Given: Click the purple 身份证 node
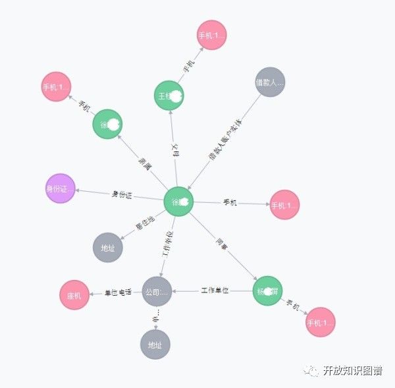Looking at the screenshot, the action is point(61,189).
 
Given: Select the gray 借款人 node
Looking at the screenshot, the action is point(270,82).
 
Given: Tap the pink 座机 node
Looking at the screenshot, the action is point(74,295).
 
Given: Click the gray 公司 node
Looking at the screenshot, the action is point(157,291).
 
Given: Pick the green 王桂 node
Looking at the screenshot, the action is point(169,96).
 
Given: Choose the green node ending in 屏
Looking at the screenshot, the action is point(267,291).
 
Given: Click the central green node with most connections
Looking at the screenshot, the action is point(178,202).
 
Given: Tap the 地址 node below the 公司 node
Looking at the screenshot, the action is point(155,345).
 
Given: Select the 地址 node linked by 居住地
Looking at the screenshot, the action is point(107,248).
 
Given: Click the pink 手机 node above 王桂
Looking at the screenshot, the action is point(212,35).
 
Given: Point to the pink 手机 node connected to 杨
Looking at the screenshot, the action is point(321,322).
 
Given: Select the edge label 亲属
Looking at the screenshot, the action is point(145,165).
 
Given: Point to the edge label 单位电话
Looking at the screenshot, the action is point(118,292).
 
